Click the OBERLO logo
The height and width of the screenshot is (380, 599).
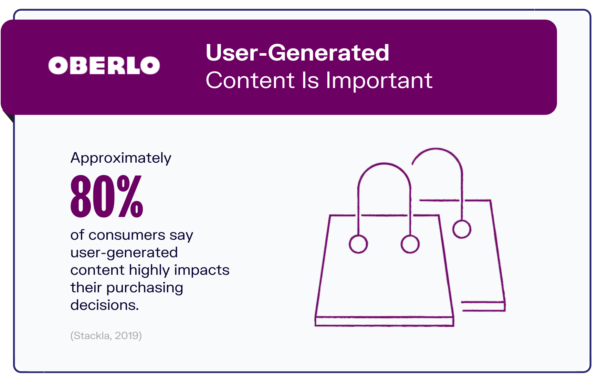pos(104,65)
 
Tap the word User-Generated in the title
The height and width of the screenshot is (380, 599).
pos(297,53)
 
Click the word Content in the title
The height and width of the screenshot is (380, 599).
pos(250,80)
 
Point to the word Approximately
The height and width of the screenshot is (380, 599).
pos(121,158)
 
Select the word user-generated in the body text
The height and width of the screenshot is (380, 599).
pos(124,253)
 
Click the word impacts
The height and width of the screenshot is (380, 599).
pos(202,270)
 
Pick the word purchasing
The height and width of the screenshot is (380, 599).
pos(145,288)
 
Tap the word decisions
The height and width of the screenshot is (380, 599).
pos(105,305)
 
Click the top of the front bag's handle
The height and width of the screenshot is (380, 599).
pos(384,164)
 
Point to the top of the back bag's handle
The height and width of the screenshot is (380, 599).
pos(436,149)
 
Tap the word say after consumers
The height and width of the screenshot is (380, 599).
pos(181,236)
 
